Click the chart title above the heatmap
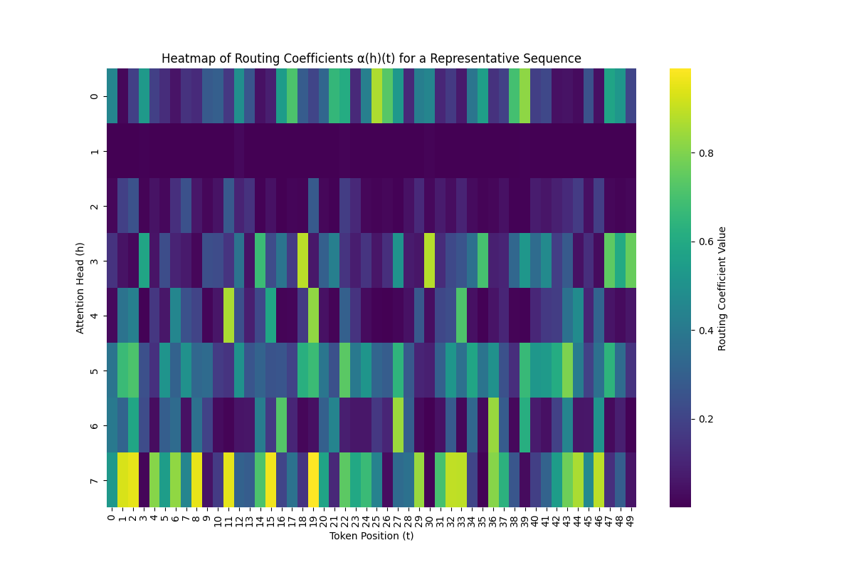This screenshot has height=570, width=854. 371,58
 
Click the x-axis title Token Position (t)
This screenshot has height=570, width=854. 371,536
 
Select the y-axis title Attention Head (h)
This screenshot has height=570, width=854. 80,288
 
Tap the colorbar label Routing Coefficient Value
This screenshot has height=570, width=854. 722,288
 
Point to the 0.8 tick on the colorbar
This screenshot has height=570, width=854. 707,152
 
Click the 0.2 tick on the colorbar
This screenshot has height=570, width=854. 707,418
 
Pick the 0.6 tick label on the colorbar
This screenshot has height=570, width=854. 707,242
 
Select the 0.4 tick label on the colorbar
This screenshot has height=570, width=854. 707,330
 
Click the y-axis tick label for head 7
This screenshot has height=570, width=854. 95,480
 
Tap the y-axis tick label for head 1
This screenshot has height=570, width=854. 95,151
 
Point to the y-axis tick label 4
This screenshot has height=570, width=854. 95,316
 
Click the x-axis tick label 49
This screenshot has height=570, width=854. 631,518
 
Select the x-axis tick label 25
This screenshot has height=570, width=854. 376,518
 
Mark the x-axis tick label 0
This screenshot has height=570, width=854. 112,517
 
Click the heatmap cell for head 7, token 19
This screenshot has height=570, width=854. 313,480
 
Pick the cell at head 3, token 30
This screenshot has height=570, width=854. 430,261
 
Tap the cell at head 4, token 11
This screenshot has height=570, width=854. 228,316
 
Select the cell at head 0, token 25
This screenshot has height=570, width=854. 376,96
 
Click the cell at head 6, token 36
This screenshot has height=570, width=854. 493,425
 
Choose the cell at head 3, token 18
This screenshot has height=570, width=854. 302,261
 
